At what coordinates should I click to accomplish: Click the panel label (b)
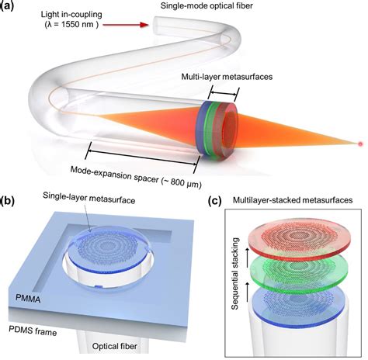8,203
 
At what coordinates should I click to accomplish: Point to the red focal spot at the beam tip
359,144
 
